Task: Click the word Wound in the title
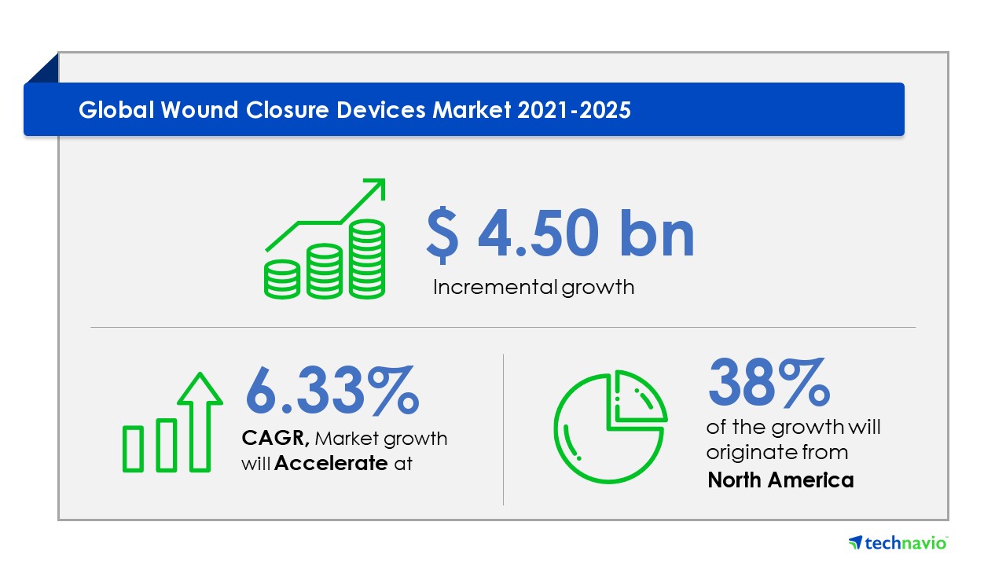(x=199, y=110)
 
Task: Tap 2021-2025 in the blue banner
(x=574, y=110)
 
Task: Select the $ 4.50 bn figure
(x=560, y=234)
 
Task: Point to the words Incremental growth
(x=534, y=288)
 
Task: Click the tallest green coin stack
(x=367, y=259)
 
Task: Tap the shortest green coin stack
(x=282, y=279)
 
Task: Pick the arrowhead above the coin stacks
(x=375, y=189)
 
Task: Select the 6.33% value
(x=332, y=390)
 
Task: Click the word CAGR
(x=275, y=439)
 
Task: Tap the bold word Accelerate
(x=331, y=463)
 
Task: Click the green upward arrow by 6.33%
(x=200, y=422)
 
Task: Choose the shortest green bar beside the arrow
(x=133, y=449)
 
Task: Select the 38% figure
(x=769, y=382)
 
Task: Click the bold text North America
(x=780, y=480)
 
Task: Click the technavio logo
(x=898, y=542)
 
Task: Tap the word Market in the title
(x=472, y=110)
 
